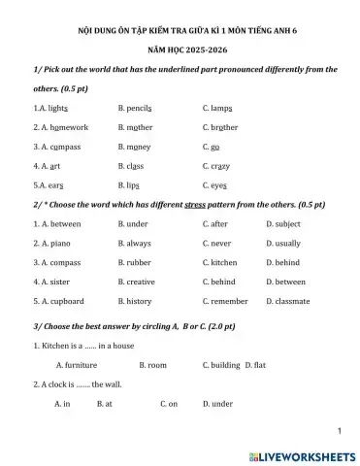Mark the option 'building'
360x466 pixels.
[224, 365]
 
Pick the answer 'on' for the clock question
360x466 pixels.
[173, 403]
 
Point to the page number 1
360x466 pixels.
[341, 429]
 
